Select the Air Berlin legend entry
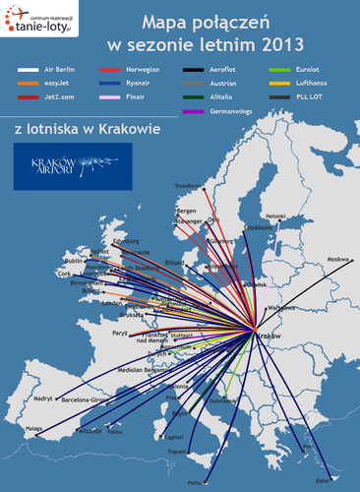(x=43, y=71)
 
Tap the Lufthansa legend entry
(x=296, y=86)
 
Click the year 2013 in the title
(x=283, y=44)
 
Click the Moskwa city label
(x=338, y=259)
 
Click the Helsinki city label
(x=276, y=215)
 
